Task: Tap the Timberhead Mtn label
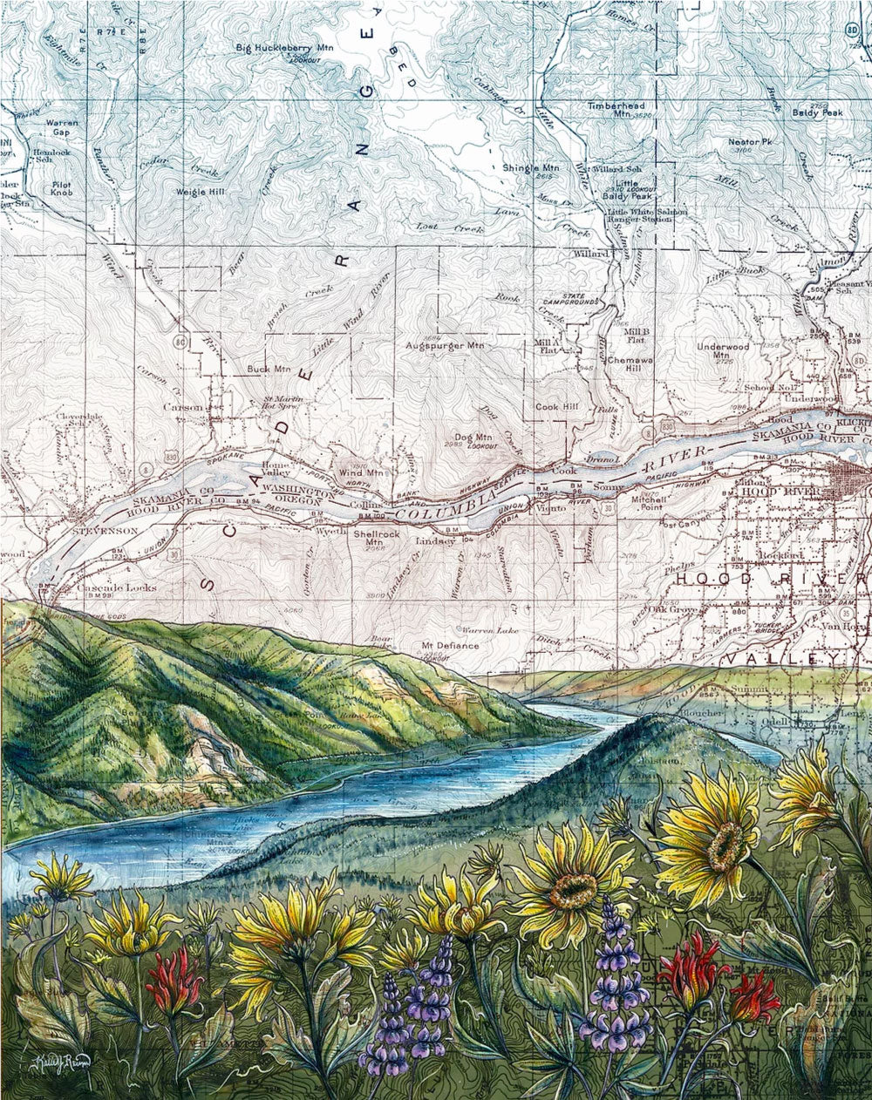pyautogui.click(x=616, y=109)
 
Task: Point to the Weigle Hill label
pyautogui.click(x=201, y=191)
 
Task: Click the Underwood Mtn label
pyautogui.click(x=723, y=350)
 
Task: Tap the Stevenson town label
pyautogui.click(x=106, y=530)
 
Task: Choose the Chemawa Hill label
pyautogui.click(x=624, y=363)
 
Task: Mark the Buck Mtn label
pyautogui.click(x=269, y=369)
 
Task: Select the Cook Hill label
pyautogui.click(x=558, y=407)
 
